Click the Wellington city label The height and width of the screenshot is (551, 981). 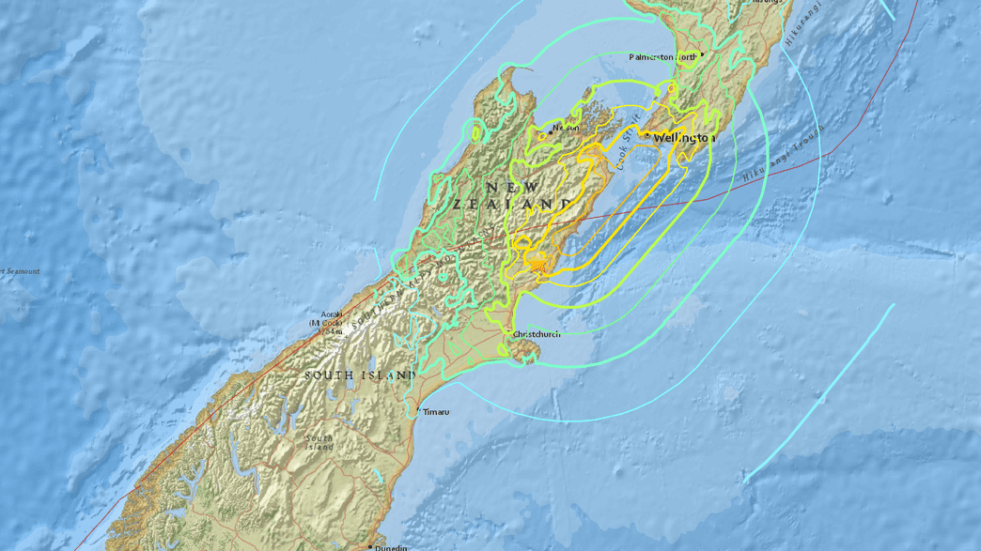[x=685, y=138]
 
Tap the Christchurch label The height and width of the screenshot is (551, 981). [x=537, y=333]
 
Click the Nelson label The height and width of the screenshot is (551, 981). [x=566, y=128]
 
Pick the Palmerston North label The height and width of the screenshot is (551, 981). [x=663, y=57]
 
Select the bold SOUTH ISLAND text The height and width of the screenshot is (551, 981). [x=360, y=375]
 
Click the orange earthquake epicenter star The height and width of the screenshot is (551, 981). [x=537, y=268]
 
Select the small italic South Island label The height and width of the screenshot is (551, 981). [x=319, y=442]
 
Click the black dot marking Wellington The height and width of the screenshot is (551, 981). [x=648, y=136]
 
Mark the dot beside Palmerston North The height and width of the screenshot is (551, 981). [x=703, y=54]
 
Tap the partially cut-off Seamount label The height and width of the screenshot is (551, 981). [x=19, y=272]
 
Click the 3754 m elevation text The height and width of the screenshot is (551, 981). [x=330, y=331]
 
